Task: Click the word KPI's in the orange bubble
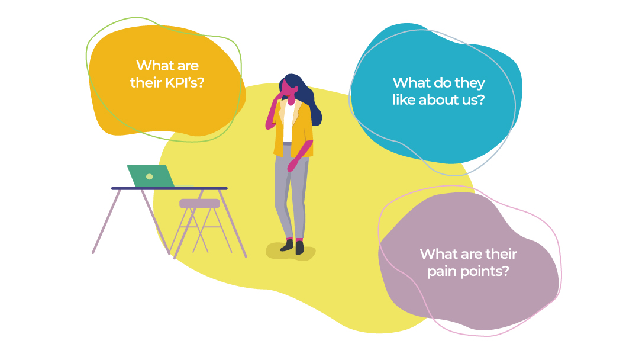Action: point(184,83)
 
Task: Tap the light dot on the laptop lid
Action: point(150,176)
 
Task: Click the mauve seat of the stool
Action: point(200,204)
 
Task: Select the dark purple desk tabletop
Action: point(169,188)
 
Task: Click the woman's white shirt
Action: point(288,123)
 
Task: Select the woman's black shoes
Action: point(293,246)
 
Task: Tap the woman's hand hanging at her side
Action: point(292,165)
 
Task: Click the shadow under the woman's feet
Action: point(291,252)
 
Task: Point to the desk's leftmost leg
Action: point(106,221)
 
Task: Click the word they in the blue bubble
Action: point(470,83)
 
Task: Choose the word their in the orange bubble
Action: point(146,83)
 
